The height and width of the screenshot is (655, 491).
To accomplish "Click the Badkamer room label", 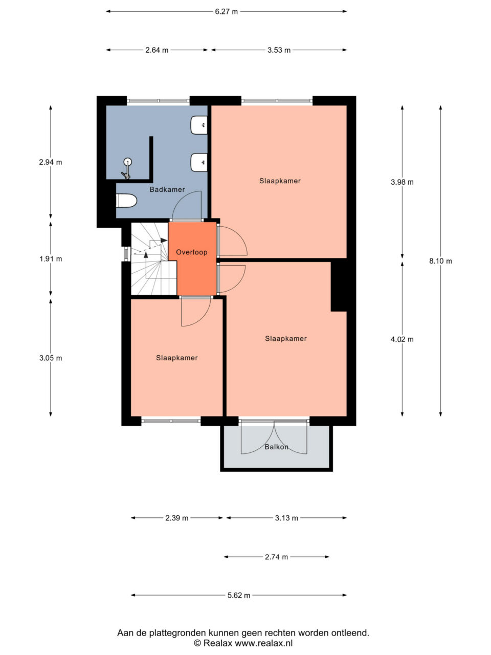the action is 167,189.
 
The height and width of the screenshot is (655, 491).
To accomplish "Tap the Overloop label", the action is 192,252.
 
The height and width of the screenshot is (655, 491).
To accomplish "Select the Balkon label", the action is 276,447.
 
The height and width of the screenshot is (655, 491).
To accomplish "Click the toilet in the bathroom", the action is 126,201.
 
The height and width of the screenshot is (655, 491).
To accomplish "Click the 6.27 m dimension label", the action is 226,12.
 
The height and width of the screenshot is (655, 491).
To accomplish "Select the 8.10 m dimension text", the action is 440,261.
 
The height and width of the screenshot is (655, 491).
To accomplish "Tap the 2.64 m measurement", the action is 157,50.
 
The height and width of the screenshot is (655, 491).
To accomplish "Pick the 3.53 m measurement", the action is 279,50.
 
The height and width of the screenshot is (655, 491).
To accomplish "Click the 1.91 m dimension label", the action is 51,259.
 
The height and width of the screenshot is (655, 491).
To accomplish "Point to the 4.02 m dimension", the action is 402,339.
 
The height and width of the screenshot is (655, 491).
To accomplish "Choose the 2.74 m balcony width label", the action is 276,557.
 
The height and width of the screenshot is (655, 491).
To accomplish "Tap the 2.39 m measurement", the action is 177,518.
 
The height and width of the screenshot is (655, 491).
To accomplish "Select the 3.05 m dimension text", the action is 51,358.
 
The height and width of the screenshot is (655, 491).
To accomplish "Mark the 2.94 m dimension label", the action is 51,162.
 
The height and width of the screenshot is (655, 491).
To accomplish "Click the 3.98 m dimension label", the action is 402,182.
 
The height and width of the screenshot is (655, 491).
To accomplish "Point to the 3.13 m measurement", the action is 286,518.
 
